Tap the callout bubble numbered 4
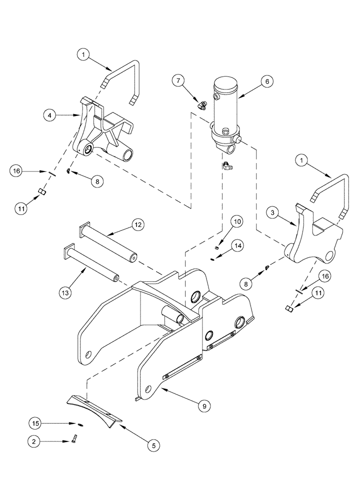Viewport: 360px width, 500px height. click(x=49, y=115)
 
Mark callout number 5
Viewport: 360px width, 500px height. click(x=153, y=444)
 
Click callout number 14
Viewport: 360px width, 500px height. click(x=237, y=245)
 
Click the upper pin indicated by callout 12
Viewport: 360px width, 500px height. click(x=107, y=242)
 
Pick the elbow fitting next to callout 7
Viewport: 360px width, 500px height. click(x=202, y=105)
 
